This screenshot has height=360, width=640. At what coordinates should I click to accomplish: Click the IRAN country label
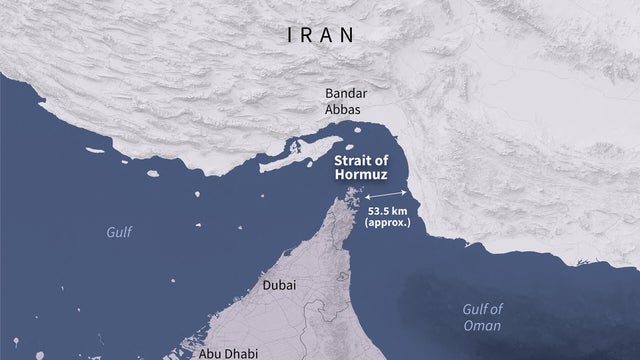pos(320,34)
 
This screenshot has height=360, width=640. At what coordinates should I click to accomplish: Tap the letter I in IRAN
pos(291,34)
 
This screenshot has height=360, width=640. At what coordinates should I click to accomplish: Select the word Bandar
pos(345,94)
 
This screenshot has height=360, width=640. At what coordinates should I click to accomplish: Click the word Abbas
pos(344,111)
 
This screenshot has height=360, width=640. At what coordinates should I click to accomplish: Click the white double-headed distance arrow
pos(385,194)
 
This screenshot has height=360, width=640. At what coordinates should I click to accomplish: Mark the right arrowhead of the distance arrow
pos(405,189)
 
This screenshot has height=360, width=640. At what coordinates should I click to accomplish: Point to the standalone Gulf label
pos(119,232)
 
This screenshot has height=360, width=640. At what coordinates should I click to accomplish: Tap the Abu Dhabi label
pos(226,352)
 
